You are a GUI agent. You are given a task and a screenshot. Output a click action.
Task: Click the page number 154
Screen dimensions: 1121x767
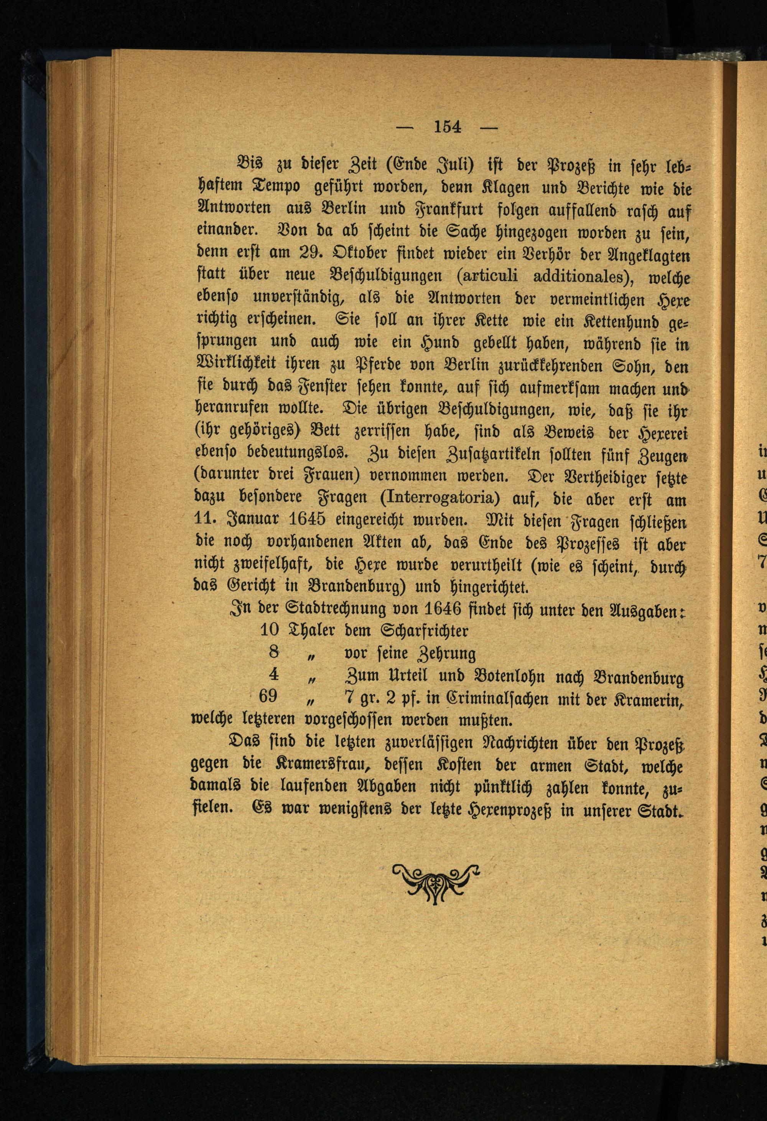pos(448,127)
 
